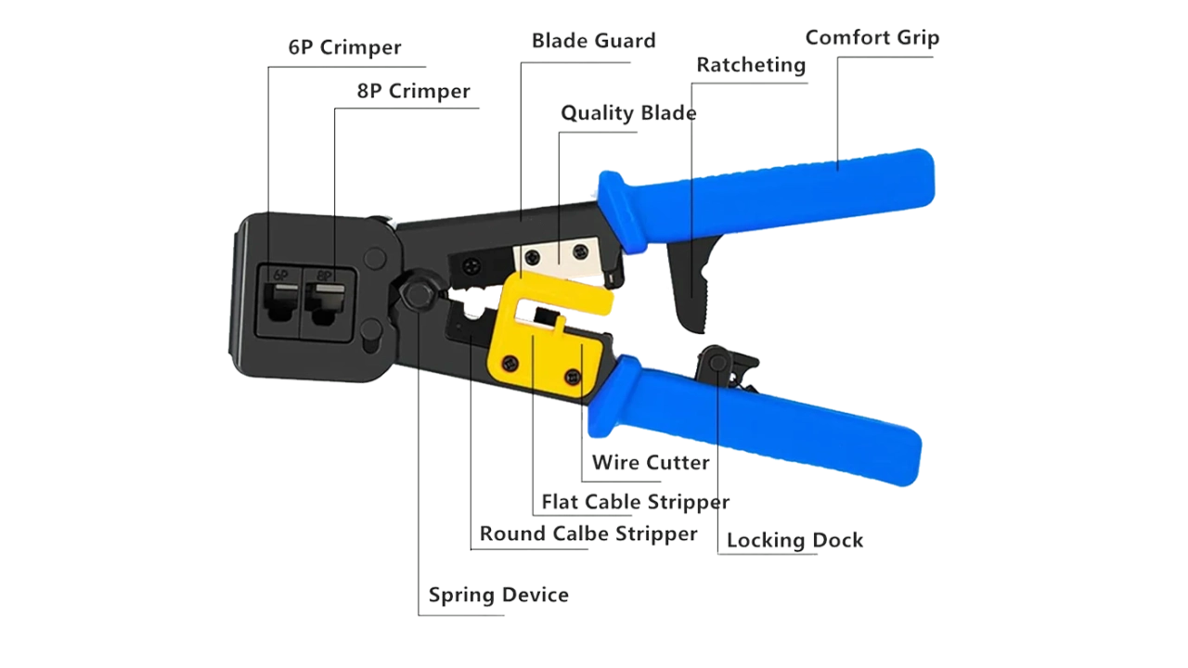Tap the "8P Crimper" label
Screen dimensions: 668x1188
click(x=413, y=91)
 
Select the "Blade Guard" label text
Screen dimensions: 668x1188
click(x=593, y=41)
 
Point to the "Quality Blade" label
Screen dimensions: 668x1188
click(x=628, y=113)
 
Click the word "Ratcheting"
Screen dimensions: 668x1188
click(x=751, y=65)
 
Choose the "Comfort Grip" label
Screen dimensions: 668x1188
click(x=872, y=38)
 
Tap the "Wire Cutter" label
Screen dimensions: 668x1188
click(x=652, y=462)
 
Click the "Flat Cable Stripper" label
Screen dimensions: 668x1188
click(x=636, y=502)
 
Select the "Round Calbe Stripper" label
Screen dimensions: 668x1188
click(x=588, y=533)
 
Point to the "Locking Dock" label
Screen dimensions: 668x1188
click(x=795, y=540)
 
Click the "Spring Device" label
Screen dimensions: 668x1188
click(x=498, y=595)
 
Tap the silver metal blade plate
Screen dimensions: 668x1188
click(x=557, y=255)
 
